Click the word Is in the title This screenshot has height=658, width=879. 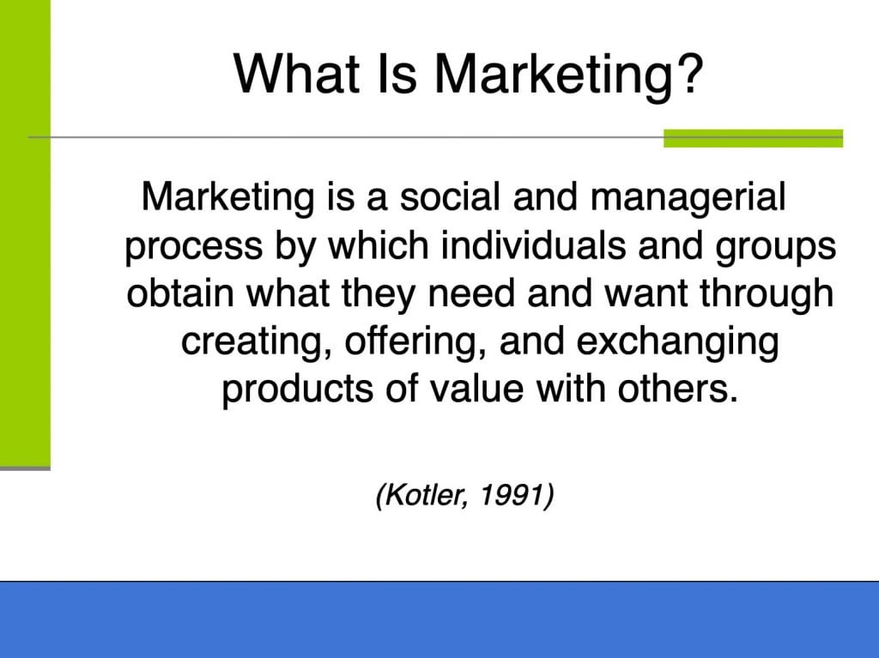pyautogui.click(x=397, y=74)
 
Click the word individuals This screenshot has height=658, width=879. pyautogui.click(x=533, y=245)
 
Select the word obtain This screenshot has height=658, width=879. pyautogui.click(x=180, y=293)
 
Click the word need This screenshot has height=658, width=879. pyautogui.click(x=471, y=293)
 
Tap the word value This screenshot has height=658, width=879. pyautogui.click(x=476, y=389)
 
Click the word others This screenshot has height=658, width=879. pyautogui.click(x=677, y=389)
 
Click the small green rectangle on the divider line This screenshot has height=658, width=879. pyautogui.click(x=753, y=138)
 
